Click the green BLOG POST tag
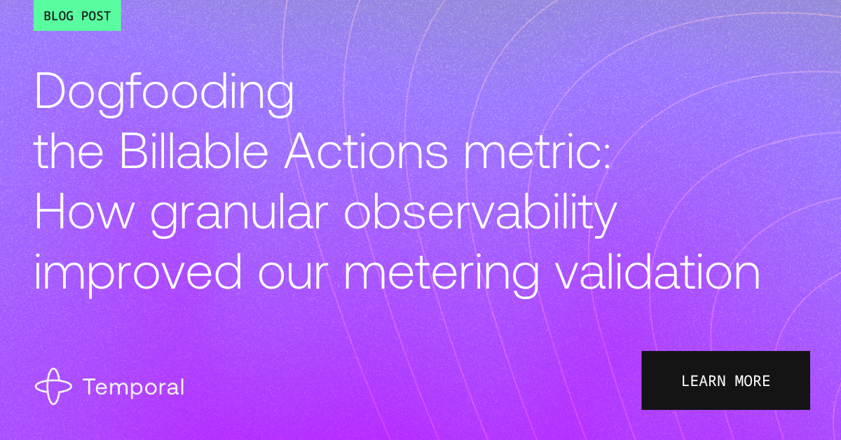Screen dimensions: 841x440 (x=77, y=15)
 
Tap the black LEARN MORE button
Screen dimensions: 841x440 (x=725, y=380)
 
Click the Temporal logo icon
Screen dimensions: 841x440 (x=53, y=386)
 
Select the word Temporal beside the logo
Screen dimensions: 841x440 (x=134, y=387)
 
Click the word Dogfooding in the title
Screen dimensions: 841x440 (x=164, y=94)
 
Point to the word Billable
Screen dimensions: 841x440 (x=193, y=151)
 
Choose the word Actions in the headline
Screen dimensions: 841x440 (x=366, y=151)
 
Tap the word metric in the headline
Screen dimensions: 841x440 (x=533, y=151)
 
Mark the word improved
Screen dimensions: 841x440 (x=138, y=275)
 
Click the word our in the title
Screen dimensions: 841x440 (x=292, y=277)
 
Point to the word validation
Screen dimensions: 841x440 (x=657, y=271)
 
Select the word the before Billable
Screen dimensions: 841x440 (x=69, y=151)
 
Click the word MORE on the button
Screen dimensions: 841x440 (x=753, y=381)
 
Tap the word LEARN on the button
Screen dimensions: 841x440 (x=703, y=381)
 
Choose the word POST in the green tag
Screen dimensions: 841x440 (x=96, y=16)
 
